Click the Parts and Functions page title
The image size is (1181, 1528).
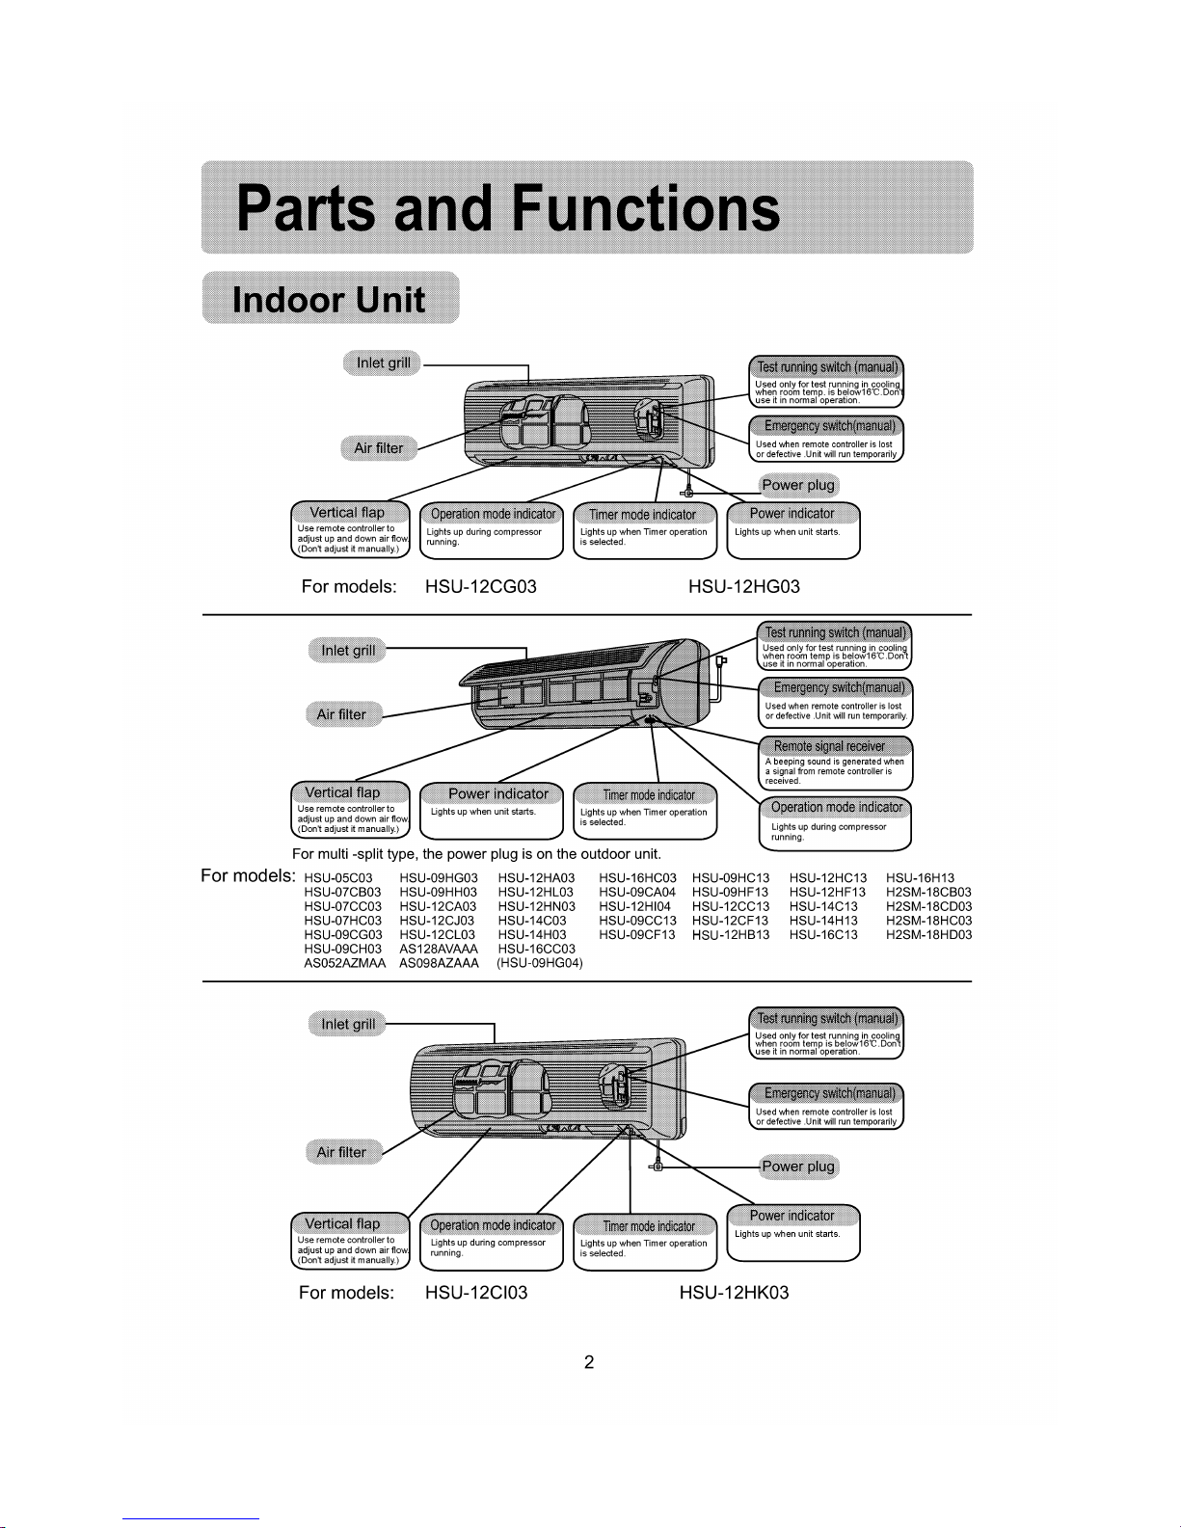[x=508, y=207]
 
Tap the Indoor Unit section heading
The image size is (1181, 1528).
[x=329, y=300]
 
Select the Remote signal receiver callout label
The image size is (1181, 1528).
[x=829, y=746]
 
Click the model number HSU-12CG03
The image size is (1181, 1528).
[x=481, y=586]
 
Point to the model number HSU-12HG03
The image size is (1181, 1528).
[x=743, y=586]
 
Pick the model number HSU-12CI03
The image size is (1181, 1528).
[x=476, y=1293]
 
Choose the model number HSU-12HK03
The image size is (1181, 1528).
[x=734, y=1293]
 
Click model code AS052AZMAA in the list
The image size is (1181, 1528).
[x=344, y=963]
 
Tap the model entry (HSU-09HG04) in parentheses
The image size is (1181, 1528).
[x=540, y=963]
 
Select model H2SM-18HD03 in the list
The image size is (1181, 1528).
[x=928, y=935]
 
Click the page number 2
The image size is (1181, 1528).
[x=589, y=1362]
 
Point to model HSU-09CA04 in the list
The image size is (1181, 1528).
[x=637, y=893]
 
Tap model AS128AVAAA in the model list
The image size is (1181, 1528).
[x=439, y=950]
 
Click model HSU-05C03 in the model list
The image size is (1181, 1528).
[x=338, y=878]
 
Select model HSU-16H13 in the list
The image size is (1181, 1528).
[x=920, y=878]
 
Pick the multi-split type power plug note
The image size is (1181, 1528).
[x=476, y=854]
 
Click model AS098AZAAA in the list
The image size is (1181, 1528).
[x=439, y=963]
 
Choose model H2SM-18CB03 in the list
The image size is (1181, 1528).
[x=928, y=893]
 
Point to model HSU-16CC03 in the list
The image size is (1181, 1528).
[x=536, y=950]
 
